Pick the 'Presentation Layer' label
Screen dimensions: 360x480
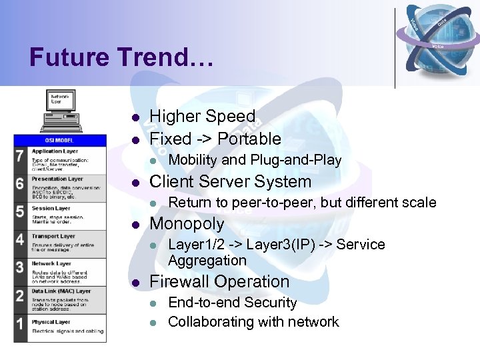pyautogui.click(x=57, y=179)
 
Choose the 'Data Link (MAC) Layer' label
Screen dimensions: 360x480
pyautogui.click(x=61, y=291)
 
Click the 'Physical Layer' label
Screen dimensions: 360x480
pyautogui.click(x=51, y=321)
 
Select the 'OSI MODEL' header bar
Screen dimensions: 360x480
pyautogui.click(x=59, y=140)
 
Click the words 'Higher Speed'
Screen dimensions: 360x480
pyautogui.click(x=202, y=117)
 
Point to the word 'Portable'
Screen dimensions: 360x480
pyautogui.click(x=249, y=139)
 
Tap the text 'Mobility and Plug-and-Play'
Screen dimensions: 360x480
pyautogui.click(x=255, y=160)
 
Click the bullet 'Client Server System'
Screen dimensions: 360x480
pyautogui.click(x=230, y=181)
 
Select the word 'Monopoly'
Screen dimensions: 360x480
pyautogui.click(x=187, y=223)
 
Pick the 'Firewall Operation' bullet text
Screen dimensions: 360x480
pyautogui.click(x=219, y=281)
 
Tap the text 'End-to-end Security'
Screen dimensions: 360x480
pyautogui.click(x=232, y=302)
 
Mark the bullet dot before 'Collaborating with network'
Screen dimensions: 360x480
pyautogui.click(x=153, y=323)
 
